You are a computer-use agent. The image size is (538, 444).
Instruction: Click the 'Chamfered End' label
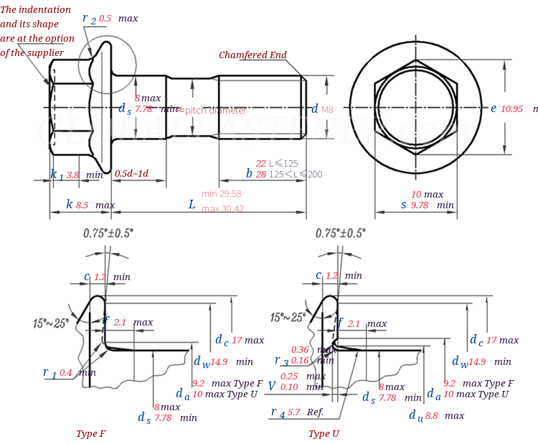coord(253,55)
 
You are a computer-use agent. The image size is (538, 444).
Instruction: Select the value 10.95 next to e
coord(511,108)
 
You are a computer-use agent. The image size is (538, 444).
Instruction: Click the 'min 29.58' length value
coord(221,194)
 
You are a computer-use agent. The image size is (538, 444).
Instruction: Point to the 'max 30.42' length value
coord(222,209)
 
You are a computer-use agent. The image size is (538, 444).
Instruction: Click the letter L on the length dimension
coord(192,205)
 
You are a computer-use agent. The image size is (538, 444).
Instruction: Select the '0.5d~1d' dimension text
coord(132,174)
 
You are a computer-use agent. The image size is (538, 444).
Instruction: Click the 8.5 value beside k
coord(82,205)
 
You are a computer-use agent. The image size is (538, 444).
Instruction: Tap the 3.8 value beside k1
coord(72,175)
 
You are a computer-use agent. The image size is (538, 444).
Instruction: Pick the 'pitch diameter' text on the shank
coord(215,111)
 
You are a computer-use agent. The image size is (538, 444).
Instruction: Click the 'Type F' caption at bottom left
coord(91,434)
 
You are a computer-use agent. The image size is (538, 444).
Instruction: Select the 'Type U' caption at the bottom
coord(324,434)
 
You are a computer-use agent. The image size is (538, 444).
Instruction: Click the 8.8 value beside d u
coord(431,415)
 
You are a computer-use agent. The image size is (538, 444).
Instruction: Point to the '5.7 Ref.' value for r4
coord(305,412)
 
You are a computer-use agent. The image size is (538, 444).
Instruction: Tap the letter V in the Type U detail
coord(271,386)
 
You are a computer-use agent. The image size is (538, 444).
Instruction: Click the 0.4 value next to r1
coord(65,372)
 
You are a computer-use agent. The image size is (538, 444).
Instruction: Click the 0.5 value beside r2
coord(105,18)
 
